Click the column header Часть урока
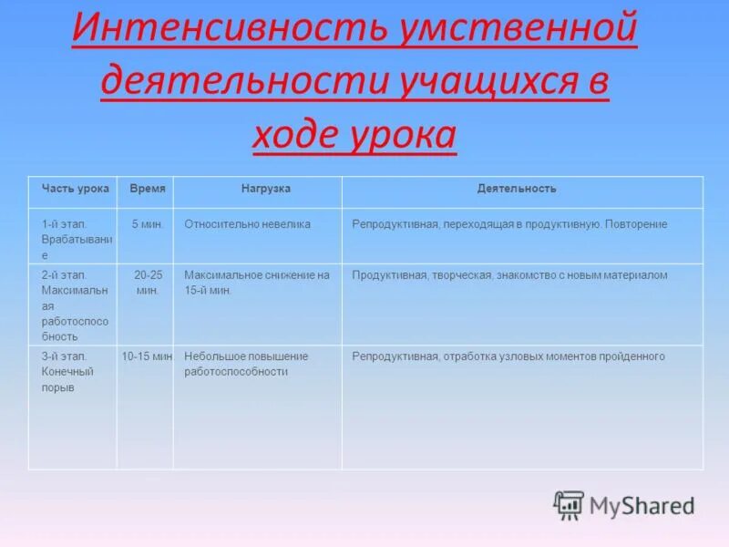click(75, 189)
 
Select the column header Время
click(148, 189)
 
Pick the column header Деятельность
click(516, 189)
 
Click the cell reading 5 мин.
click(148, 224)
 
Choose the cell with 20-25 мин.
click(148, 283)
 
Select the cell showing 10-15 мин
click(148, 356)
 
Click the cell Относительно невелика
click(247, 224)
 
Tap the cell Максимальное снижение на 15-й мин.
click(256, 283)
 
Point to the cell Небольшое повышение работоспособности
click(246, 364)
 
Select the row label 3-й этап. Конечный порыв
click(67, 372)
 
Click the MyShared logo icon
click(570, 504)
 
